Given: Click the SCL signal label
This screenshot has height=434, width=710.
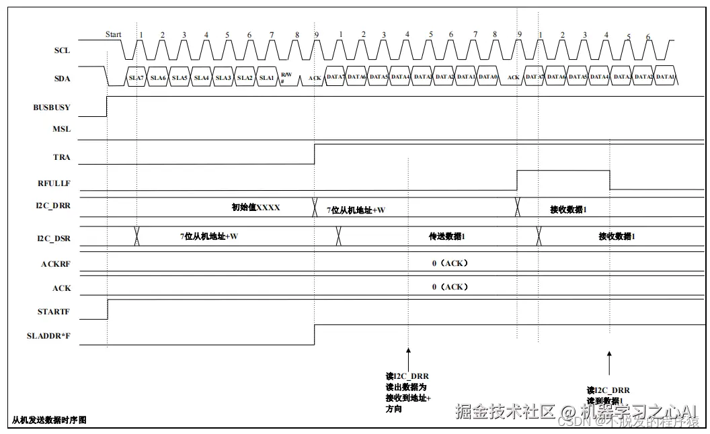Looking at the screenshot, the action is tap(62, 50).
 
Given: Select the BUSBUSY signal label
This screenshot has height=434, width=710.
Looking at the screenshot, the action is tap(52, 107).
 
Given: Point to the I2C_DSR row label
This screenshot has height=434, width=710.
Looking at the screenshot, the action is tap(54, 238).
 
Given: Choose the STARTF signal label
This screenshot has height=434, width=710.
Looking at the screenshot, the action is tap(53, 312).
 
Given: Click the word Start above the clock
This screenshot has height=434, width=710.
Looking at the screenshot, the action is tap(114, 34).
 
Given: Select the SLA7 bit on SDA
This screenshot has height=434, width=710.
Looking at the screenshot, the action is tap(136, 78).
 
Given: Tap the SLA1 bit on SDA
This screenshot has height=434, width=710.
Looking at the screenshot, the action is tap(266, 78).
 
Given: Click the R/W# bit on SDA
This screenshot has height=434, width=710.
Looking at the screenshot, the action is tap(286, 77).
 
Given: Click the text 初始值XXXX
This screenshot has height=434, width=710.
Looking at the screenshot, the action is tap(255, 208).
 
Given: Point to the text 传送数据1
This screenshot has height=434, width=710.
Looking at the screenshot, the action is tap(447, 236).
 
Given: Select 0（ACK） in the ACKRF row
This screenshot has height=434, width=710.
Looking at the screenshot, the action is tap(450, 263).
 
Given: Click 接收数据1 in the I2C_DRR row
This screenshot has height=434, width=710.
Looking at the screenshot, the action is tap(568, 210).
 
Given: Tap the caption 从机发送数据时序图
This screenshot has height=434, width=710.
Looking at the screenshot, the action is tap(49, 421).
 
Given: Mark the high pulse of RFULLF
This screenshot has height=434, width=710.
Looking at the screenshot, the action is tap(563, 171).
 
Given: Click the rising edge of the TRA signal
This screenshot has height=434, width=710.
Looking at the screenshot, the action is tap(315, 154).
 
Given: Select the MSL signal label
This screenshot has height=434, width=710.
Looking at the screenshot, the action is tap(61, 129).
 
